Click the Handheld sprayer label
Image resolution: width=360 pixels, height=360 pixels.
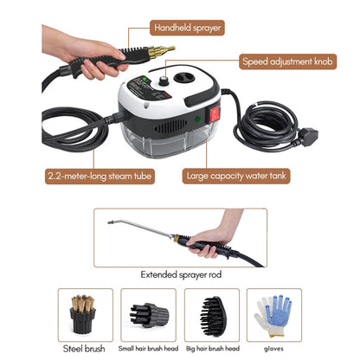(x=187, y=28)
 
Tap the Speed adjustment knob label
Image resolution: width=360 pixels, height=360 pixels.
(x=287, y=61)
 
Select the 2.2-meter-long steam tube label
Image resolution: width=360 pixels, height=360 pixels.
(x=100, y=176)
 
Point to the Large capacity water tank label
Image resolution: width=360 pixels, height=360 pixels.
(x=236, y=176)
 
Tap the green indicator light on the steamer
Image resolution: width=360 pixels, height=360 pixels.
(x=198, y=119)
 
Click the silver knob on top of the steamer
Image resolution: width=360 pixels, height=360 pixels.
(x=164, y=80)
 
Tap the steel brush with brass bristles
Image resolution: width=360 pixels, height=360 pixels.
(x=83, y=314)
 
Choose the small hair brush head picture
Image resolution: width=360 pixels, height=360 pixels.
(x=149, y=315)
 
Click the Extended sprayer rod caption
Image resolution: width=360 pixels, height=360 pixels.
(x=181, y=274)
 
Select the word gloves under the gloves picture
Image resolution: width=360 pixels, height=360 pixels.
(x=273, y=349)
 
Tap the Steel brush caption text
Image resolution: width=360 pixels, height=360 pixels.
(x=84, y=349)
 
